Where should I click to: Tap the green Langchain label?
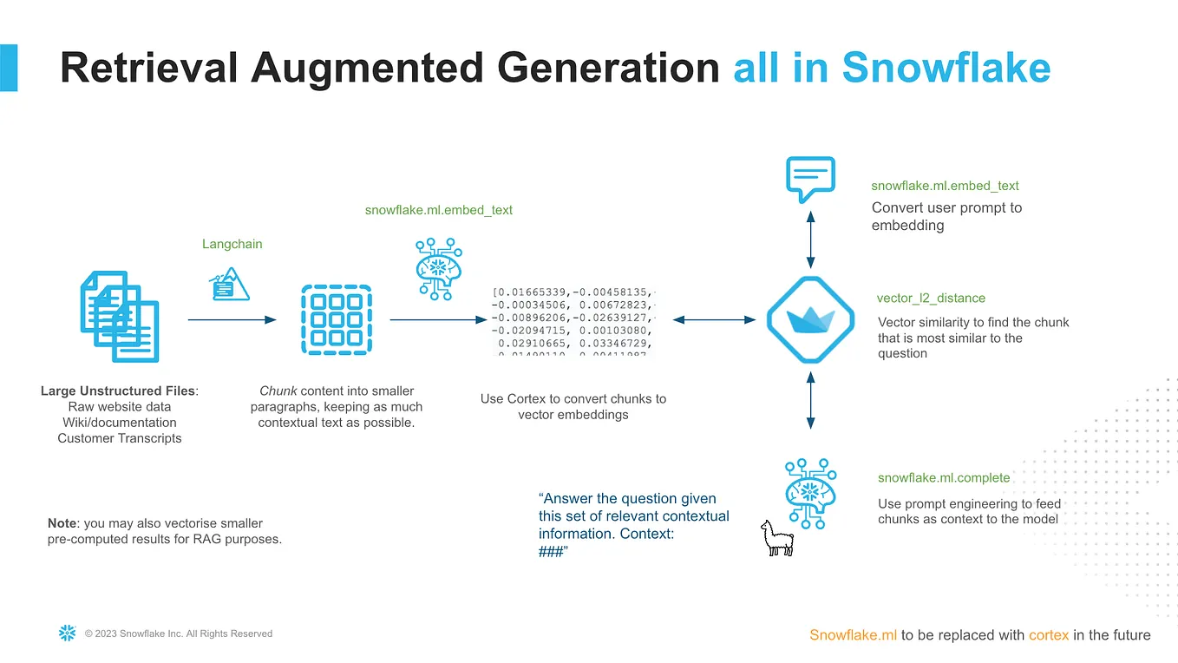pyautogui.click(x=232, y=244)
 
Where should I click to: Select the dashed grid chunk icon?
pyautogui.click(x=336, y=318)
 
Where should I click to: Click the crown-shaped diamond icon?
pyautogui.click(x=810, y=320)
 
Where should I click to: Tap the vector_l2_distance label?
pyautogui.click(x=931, y=298)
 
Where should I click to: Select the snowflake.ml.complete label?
pyautogui.click(x=944, y=477)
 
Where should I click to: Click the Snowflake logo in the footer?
pyautogui.click(x=67, y=633)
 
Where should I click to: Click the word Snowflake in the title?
pyautogui.click(x=946, y=68)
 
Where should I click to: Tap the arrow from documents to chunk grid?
pyautogui.click(x=232, y=320)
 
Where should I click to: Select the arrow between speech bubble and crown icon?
pyautogui.click(x=810, y=237)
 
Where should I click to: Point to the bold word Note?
pyautogui.click(x=62, y=523)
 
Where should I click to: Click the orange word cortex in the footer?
pyautogui.click(x=1049, y=635)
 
